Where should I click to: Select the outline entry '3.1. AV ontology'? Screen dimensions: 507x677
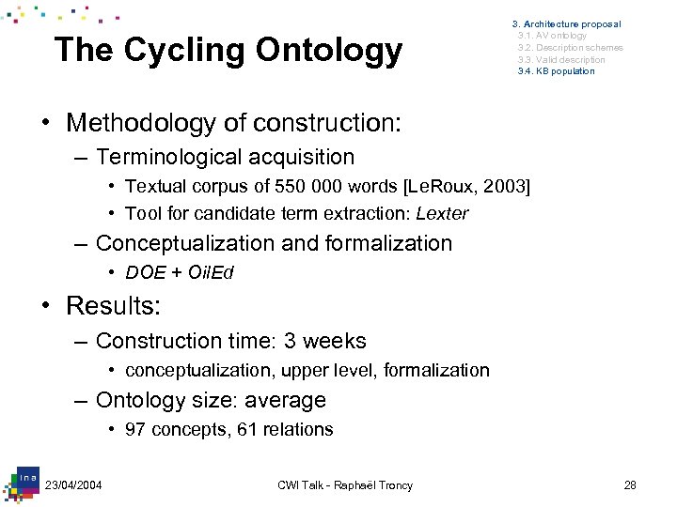pyautogui.click(x=552, y=36)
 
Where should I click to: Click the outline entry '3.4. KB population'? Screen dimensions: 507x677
pyautogui.click(x=556, y=71)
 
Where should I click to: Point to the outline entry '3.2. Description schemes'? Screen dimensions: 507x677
pyautogui.click(x=570, y=48)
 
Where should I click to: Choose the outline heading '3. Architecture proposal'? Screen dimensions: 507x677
pyautogui.click(x=566, y=23)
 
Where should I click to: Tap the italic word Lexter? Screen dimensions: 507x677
pyautogui.click(x=441, y=213)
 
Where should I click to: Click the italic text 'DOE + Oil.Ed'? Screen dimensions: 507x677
pyautogui.click(x=179, y=272)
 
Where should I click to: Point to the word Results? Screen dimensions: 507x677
pyautogui.click(x=114, y=305)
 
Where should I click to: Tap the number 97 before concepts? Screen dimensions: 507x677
pyautogui.click(x=136, y=429)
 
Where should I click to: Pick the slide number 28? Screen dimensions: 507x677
pyautogui.click(x=630, y=484)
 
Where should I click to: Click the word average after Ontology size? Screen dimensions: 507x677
pyautogui.click(x=285, y=400)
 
